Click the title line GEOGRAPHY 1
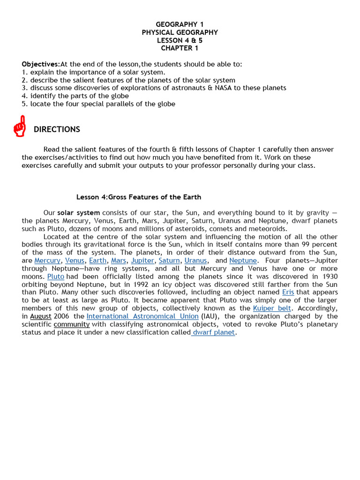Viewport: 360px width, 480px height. [x=180, y=24]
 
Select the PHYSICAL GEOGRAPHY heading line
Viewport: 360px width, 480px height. [x=180, y=32]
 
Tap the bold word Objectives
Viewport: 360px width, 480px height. [x=41, y=64]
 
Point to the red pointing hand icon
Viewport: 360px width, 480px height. [x=20, y=126]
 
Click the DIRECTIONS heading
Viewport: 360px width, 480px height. [x=57, y=129]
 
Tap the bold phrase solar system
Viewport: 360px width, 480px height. [x=78, y=213]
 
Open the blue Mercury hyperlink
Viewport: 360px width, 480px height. [x=47, y=261]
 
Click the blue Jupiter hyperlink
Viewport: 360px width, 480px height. [x=142, y=261]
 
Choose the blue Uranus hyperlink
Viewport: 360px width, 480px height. [x=195, y=261]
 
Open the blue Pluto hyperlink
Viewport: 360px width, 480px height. [x=56, y=277]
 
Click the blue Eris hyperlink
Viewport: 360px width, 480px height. [x=288, y=292]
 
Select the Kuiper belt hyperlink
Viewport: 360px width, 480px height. [x=272, y=308]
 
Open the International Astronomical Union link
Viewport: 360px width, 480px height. [x=142, y=316]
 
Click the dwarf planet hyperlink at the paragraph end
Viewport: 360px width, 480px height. [x=214, y=332]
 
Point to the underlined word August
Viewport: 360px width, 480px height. [x=41, y=316]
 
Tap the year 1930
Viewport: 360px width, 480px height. [x=328, y=277]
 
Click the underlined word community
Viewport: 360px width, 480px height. [x=71, y=324]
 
